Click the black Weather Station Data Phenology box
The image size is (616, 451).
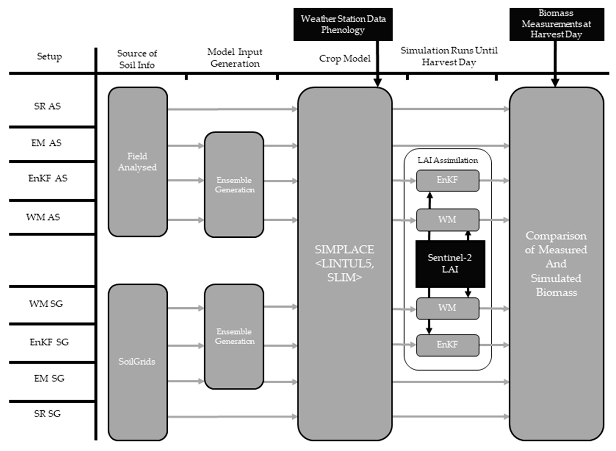tap(343, 24)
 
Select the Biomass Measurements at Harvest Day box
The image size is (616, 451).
tap(557, 24)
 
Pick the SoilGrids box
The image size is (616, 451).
tap(137, 362)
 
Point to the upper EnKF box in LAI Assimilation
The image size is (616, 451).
tap(447, 180)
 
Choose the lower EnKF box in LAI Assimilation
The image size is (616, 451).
tap(447, 345)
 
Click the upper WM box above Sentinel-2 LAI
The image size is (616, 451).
tap(447, 220)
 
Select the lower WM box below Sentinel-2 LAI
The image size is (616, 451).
tap(447, 308)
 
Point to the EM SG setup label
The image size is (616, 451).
tap(49, 379)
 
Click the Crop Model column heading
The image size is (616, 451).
tap(344, 58)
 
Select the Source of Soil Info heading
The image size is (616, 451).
tap(137, 59)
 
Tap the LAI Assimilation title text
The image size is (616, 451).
tap(448, 160)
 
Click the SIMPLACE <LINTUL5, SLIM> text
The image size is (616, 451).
tap(344, 263)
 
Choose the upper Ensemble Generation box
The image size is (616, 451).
tap(234, 185)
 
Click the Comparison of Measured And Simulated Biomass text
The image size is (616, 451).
tap(556, 264)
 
